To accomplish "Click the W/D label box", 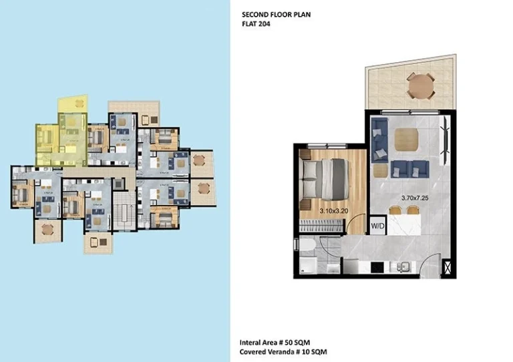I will pos(377,225).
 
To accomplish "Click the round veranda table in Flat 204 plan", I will pos(420,85).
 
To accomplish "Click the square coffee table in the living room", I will pos(406,139).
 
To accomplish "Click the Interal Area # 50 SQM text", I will pos(281,341).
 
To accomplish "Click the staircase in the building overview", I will pos(122,210).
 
